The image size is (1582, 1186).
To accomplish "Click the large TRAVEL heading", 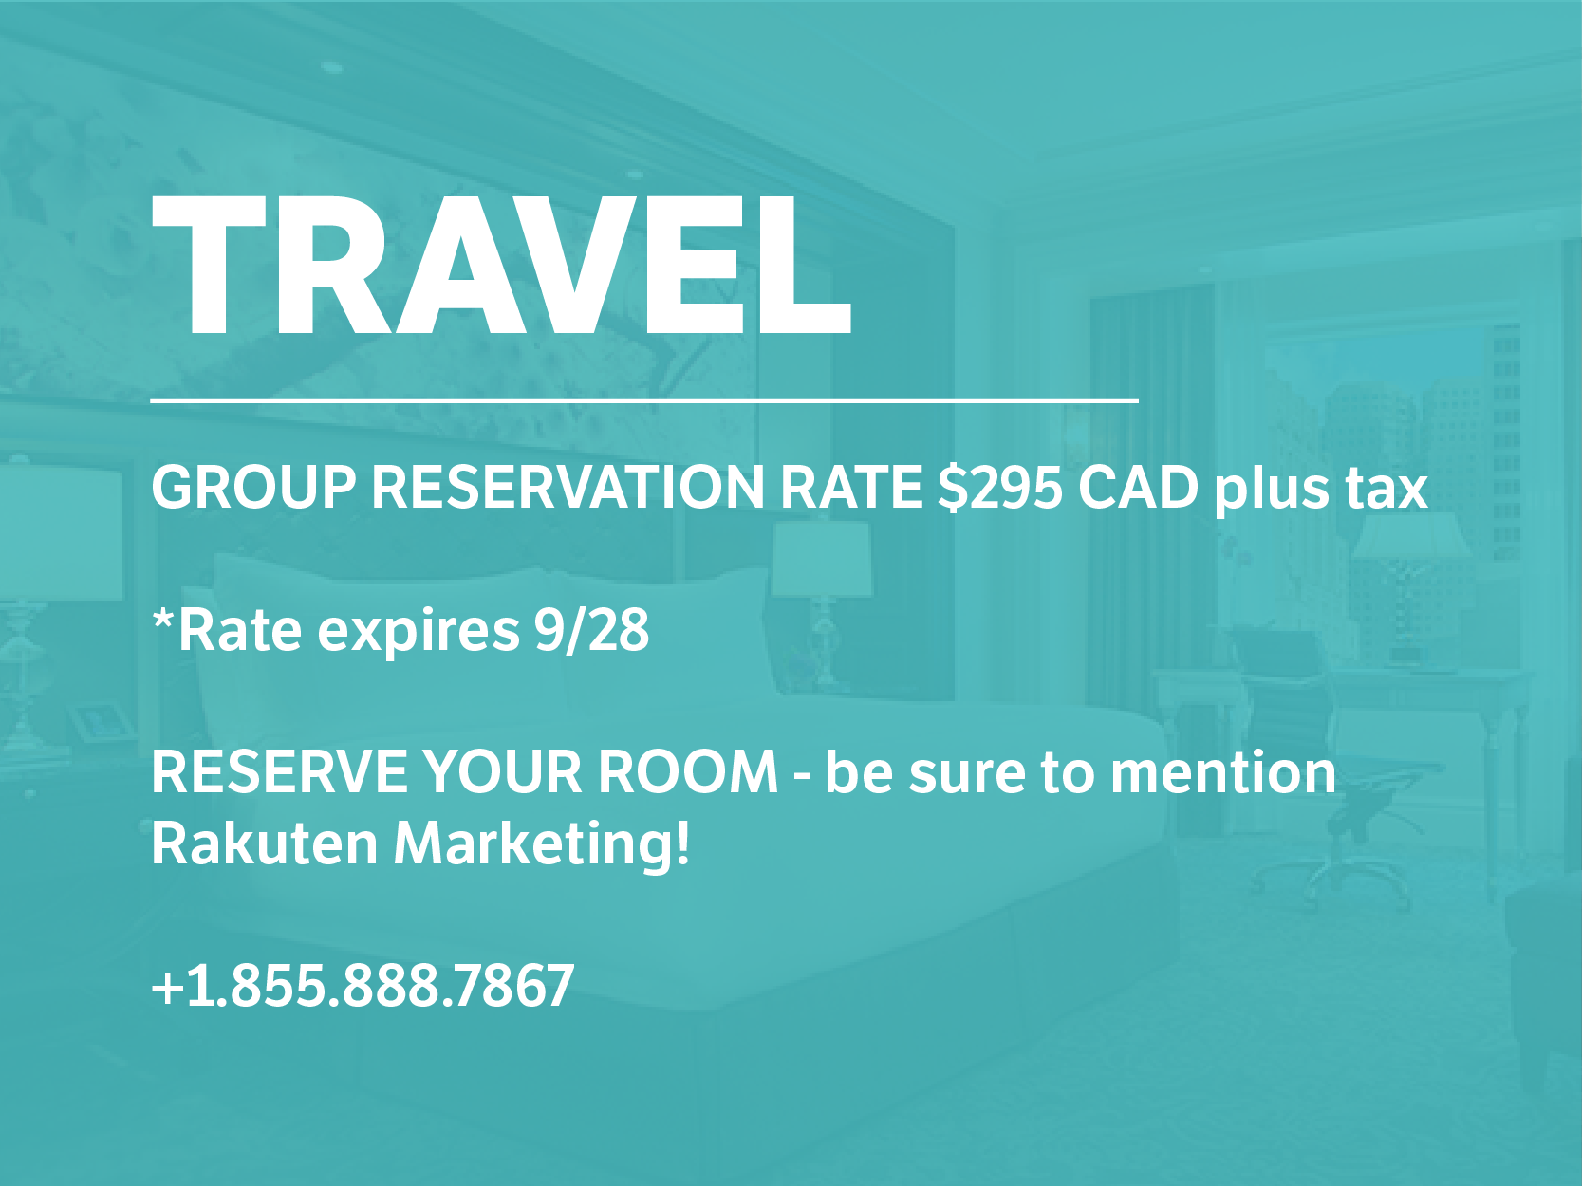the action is pos(501,266).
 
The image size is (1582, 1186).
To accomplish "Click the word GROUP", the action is pos(253,488).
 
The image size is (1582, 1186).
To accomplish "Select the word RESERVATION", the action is pos(568,488).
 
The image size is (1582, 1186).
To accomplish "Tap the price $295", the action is pos(1000,488).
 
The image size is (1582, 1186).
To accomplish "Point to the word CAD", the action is pos(1138,488).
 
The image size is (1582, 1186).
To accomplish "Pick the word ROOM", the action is pos(688,772).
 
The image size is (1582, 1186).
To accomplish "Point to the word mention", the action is pos(1223,772).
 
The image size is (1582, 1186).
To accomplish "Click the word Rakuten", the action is pos(265,843).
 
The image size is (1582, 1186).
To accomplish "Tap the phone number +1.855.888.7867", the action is pos(363,985).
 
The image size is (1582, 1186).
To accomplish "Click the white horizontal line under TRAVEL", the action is pos(644,399).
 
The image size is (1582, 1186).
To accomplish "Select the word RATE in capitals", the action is pos(850,488).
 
